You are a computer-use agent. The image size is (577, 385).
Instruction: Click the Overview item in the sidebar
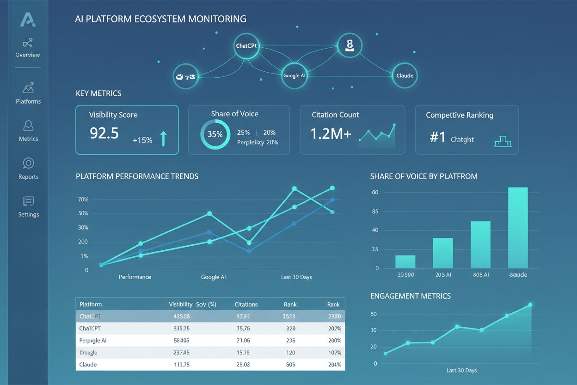pos(28,48)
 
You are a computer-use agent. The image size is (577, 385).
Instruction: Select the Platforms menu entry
pos(28,93)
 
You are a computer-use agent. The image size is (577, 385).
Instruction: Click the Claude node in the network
pos(405,75)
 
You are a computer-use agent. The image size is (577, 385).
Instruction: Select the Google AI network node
pos(295,75)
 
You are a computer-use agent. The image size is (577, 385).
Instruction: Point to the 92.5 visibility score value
pos(104,133)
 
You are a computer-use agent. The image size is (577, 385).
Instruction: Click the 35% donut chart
pos(215,135)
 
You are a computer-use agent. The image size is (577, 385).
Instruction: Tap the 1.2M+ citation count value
pos(331,134)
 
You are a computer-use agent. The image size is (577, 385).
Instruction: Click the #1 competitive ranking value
pos(437,138)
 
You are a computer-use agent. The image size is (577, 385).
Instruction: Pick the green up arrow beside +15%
pos(163,138)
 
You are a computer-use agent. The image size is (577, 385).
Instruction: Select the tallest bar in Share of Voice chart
pos(518,228)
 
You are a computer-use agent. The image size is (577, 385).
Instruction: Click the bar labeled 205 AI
pos(443,253)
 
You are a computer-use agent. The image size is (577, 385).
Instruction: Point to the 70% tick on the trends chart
pos(83,199)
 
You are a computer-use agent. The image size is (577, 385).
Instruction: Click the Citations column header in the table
pos(246,304)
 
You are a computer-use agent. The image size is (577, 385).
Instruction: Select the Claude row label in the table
pos(88,364)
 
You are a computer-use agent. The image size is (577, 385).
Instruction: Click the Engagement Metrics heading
pos(410,296)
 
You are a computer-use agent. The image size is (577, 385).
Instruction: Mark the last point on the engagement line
pos(530,304)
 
